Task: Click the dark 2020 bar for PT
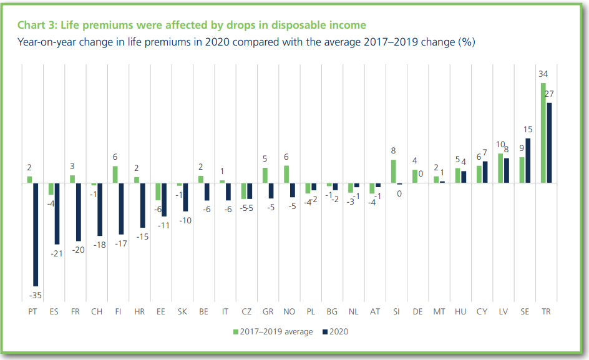click(x=35, y=234)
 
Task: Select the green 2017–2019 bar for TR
click(x=543, y=132)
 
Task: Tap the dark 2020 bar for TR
click(x=549, y=142)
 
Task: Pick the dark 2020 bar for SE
click(x=528, y=160)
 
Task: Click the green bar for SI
click(x=394, y=171)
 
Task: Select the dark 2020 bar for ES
click(x=57, y=213)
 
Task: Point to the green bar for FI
click(x=115, y=174)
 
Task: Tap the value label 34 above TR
click(x=543, y=74)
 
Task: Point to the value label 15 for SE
click(x=528, y=129)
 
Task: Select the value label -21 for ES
click(x=57, y=253)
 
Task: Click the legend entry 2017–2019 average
click(x=276, y=332)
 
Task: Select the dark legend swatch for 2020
click(x=325, y=332)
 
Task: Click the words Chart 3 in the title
click(x=36, y=25)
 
